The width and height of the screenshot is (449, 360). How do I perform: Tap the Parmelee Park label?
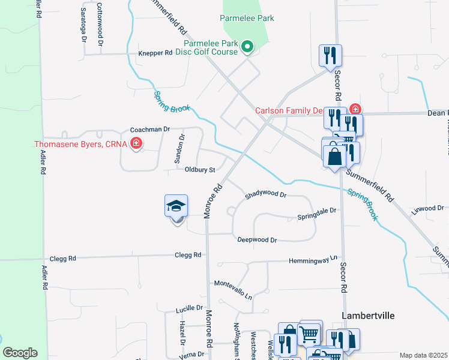[x=247, y=18]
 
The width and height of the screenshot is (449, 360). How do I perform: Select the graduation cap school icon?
[x=176, y=206]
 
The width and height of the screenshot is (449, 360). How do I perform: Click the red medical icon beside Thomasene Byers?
[x=137, y=143]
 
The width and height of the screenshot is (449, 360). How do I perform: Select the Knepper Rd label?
[x=155, y=53]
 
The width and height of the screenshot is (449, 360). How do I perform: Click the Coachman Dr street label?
[x=151, y=129]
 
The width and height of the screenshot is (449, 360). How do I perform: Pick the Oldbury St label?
[x=200, y=170]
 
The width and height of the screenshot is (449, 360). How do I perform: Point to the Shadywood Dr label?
[x=266, y=195]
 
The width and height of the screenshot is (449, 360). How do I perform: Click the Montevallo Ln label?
[x=234, y=289]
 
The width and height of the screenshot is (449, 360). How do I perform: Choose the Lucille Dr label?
[x=190, y=308]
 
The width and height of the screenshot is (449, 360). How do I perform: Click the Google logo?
[x=20, y=353]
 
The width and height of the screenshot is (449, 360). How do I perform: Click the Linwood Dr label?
[x=427, y=208]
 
